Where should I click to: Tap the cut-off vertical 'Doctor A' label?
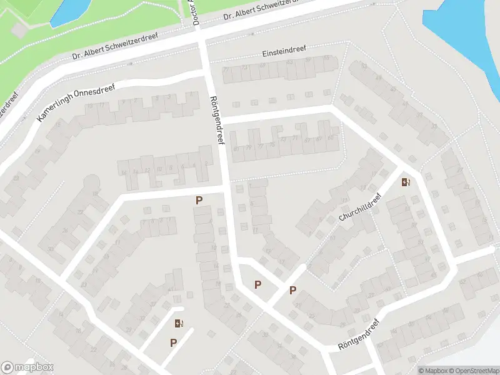point(196,12)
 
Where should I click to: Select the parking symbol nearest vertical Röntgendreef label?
point(199,201)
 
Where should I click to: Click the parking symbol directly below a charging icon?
point(173,342)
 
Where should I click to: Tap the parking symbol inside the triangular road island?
point(257,285)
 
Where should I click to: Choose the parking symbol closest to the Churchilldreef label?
point(292,291)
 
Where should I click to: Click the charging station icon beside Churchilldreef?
point(406,182)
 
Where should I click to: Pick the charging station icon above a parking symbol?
point(179,323)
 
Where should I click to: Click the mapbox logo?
point(27,367)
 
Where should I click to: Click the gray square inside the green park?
point(19,29)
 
